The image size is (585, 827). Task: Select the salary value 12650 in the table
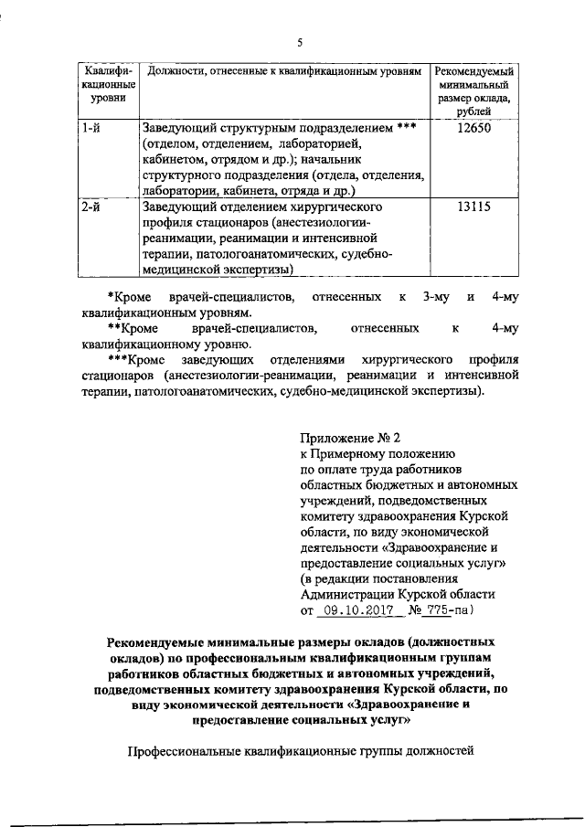pyautogui.click(x=473, y=128)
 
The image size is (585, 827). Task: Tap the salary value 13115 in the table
pyautogui.click(x=473, y=207)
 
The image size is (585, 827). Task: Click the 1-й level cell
pyautogui.click(x=90, y=128)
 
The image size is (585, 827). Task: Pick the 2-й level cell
pyautogui.click(x=90, y=207)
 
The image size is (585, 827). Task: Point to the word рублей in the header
pyautogui.click(x=473, y=111)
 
